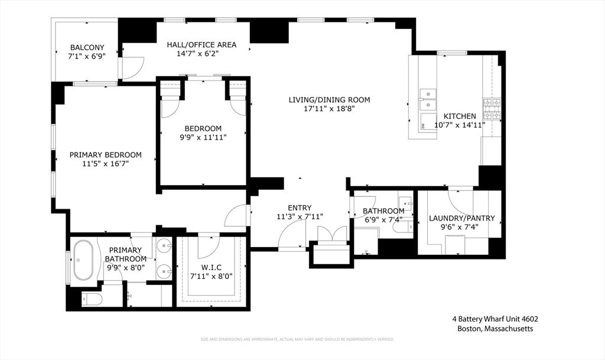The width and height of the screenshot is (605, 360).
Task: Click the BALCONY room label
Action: point(87,47)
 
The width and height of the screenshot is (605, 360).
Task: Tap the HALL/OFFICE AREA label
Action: point(201,44)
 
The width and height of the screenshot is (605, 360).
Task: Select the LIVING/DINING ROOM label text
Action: point(329,99)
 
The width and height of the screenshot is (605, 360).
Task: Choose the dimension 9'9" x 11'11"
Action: point(203,137)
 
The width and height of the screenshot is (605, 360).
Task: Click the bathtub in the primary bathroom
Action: point(83,260)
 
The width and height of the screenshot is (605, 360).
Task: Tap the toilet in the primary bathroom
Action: point(91,299)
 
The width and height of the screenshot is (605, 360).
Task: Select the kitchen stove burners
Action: point(492,108)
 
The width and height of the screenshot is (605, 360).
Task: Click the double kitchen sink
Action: point(428,99)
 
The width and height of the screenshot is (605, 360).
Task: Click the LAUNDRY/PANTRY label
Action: point(461,218)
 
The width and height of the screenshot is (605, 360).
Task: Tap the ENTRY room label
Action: point(300,207)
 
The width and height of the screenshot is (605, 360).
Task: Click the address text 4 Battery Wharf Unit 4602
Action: point(491,319)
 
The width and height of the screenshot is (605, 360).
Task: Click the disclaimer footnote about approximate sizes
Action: point(297,339)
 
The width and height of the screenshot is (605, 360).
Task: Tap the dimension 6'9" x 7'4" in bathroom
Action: point(383,220)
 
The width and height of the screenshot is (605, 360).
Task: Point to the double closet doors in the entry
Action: point(331,234)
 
